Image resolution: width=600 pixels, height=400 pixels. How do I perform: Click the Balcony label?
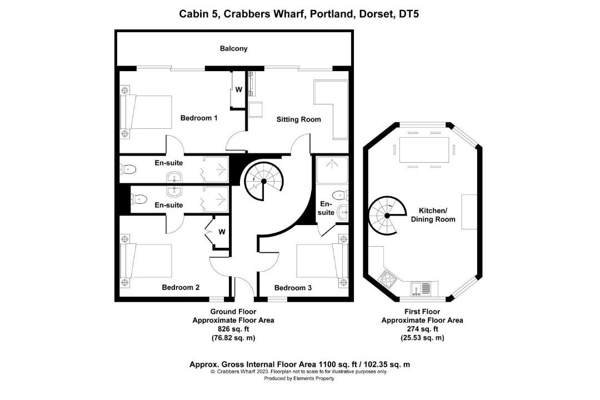[x=233, y=49]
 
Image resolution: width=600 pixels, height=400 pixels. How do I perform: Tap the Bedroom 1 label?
[x=198, y=118]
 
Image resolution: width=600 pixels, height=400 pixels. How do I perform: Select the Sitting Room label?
[x=298, y=119]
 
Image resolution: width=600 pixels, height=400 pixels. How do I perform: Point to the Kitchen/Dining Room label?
[x=433, y=215]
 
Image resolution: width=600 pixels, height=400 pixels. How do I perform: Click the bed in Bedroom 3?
[x=322, y=261]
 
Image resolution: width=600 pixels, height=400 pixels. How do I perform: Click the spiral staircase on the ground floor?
[x=264, y=181]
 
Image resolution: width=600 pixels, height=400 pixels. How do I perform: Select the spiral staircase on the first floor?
[x=387, y=216]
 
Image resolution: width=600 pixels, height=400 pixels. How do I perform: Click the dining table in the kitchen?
[x=424, y=149]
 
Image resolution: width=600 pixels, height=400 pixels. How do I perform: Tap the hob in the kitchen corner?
[x=387, y=278]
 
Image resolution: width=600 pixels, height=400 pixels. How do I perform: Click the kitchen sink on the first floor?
[x=421, y=289]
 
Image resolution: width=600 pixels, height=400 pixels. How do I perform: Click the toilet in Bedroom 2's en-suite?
[x=139, y=199]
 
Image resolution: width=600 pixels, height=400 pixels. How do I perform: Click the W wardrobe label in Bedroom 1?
[x=239, y=89]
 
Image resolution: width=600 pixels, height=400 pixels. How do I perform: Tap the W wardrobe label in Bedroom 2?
[x=222, y=232]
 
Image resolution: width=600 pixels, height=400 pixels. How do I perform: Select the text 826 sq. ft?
[x=233, y=329]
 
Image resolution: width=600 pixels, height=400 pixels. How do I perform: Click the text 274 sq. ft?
[x=422, y=329]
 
